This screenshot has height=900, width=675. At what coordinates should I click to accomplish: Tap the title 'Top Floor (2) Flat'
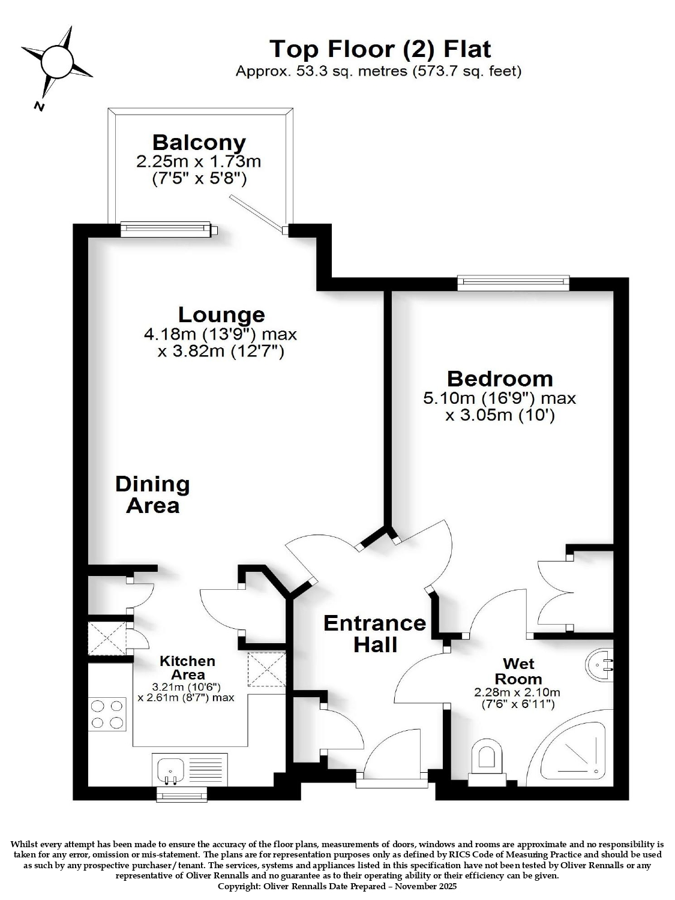(380, 49)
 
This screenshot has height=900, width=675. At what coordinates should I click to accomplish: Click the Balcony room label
(199, 143)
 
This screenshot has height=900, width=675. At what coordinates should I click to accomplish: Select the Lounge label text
(222, 315)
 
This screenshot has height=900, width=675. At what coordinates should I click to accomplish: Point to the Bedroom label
(500, 379)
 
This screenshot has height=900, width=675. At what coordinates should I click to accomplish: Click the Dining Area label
(152, 494)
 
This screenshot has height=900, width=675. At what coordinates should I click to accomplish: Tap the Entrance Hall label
(375, 634)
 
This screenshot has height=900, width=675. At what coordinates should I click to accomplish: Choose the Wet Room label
(518, 671)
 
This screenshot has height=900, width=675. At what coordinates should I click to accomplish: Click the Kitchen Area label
(188, 668)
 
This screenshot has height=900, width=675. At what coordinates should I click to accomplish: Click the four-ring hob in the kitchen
(107, 715)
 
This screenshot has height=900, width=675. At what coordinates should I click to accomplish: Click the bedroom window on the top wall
(514, 283)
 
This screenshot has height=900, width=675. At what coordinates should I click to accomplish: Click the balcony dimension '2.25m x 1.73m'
(199, 161)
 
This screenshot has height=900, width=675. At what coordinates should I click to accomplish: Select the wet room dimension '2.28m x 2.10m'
(517, 692)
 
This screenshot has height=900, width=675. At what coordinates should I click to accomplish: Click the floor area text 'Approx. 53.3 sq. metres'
(322, 71)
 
